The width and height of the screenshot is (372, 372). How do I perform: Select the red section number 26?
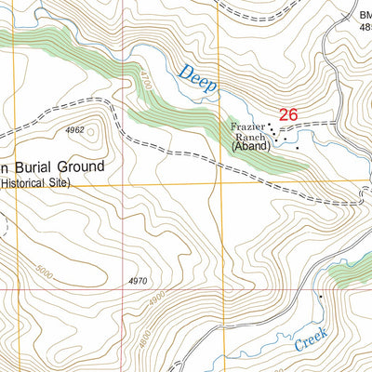click(287, 114)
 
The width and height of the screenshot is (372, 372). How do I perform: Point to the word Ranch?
click(249, 136)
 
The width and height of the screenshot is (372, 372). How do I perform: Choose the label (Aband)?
click(250, 147)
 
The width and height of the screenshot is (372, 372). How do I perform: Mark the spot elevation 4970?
click(139, 280)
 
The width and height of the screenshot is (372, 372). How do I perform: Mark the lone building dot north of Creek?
click(320, 296)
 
